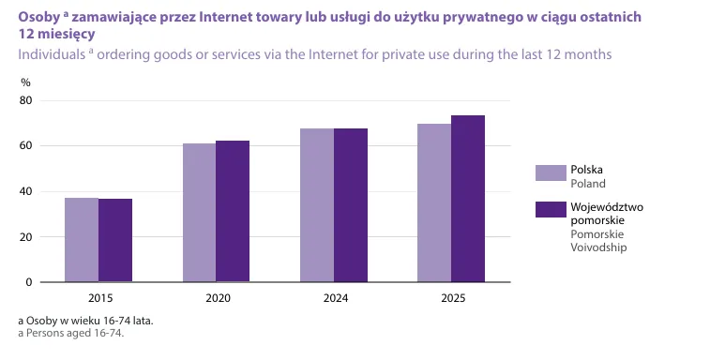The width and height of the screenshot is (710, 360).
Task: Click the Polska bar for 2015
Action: (82, 240)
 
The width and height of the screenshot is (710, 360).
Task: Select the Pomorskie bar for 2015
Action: (115, 240)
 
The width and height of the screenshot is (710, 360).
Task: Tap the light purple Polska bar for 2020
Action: (199, 213)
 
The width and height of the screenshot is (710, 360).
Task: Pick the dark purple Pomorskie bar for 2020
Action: (233, 211)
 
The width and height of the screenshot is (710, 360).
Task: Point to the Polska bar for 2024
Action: (317, 205)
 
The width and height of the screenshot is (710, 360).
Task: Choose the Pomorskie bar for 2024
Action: (351, 205)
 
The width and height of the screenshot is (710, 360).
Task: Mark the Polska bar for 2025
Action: (434, 202)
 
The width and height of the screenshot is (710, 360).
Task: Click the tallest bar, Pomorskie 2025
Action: (468, 199)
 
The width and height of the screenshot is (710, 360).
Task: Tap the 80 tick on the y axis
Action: (26, 100)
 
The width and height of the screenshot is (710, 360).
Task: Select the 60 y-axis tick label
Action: (26, 145)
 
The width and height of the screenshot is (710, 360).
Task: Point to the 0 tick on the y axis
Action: (29, 282)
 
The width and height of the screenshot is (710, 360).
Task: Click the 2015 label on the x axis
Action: (100, 298)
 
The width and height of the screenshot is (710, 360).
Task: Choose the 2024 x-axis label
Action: (336, 298)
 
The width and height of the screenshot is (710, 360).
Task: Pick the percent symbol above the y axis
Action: (26, 82)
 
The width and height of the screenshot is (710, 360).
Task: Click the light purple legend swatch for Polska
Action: (551, 173)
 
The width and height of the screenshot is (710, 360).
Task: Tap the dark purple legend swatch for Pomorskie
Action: (551, 209)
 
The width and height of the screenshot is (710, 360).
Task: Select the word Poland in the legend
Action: (588, 184)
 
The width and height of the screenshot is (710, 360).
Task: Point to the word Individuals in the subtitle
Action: (52, 54)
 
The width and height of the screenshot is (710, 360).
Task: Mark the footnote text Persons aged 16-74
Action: (75, 334)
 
